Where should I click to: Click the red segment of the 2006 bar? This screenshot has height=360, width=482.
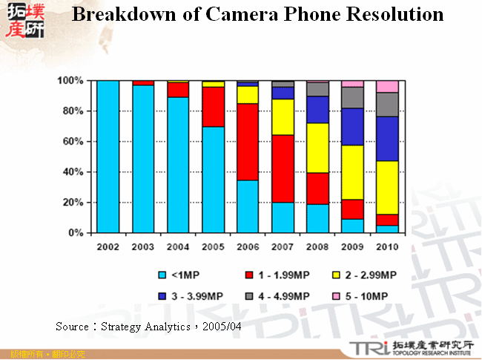point(248,142)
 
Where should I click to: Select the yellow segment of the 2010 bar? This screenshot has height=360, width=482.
point(387,188)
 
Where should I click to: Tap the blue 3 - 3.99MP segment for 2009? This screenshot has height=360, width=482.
point(352,127)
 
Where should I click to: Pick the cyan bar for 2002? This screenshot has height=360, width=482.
point(108,156)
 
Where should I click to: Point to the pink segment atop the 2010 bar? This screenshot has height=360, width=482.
point(387,86)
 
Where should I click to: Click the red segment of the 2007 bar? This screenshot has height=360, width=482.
point(283,168)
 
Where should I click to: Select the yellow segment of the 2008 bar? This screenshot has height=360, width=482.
point(317,148)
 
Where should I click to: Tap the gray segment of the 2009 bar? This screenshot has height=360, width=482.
point(352,97)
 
